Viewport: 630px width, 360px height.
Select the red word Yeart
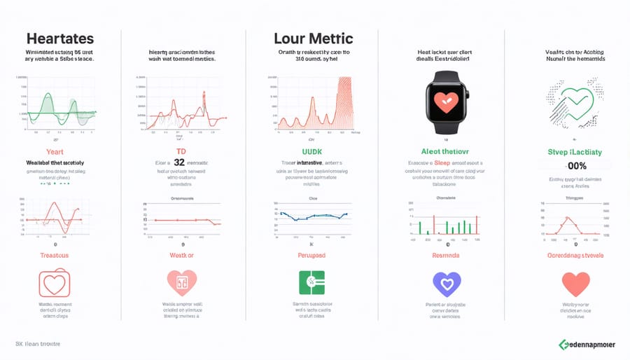(x=55, y=151)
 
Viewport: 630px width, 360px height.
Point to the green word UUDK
(x=311, y=151)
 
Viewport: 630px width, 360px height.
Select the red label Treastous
(x=54, y=256)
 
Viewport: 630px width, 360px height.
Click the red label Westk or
(x=181, y=256)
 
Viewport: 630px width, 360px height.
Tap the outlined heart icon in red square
(x=55, y=282)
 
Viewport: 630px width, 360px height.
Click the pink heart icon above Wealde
(x=181, y=283)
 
